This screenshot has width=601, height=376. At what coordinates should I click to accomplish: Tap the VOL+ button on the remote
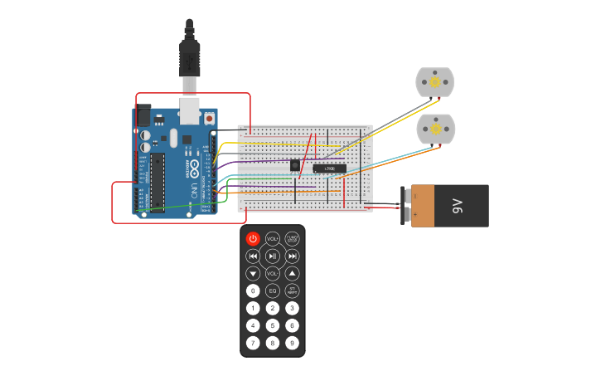point(273,239)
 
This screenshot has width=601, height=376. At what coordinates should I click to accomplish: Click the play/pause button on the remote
point(273,256)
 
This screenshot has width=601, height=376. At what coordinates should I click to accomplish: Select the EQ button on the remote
point(273,291)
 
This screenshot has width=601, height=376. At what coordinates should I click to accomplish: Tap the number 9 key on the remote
point(292,342)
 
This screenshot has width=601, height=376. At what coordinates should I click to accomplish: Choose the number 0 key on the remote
point(254,291)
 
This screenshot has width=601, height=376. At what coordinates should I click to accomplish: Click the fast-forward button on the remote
point(292,256)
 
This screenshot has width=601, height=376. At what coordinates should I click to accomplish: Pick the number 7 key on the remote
point(254,342)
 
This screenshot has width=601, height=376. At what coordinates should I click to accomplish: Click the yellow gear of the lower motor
point(434,129)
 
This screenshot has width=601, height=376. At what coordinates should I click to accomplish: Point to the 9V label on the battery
point(457,206)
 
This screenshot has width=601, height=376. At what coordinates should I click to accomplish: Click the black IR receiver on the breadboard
point(295,165)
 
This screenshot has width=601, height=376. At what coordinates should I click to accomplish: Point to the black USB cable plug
point(190,58)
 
